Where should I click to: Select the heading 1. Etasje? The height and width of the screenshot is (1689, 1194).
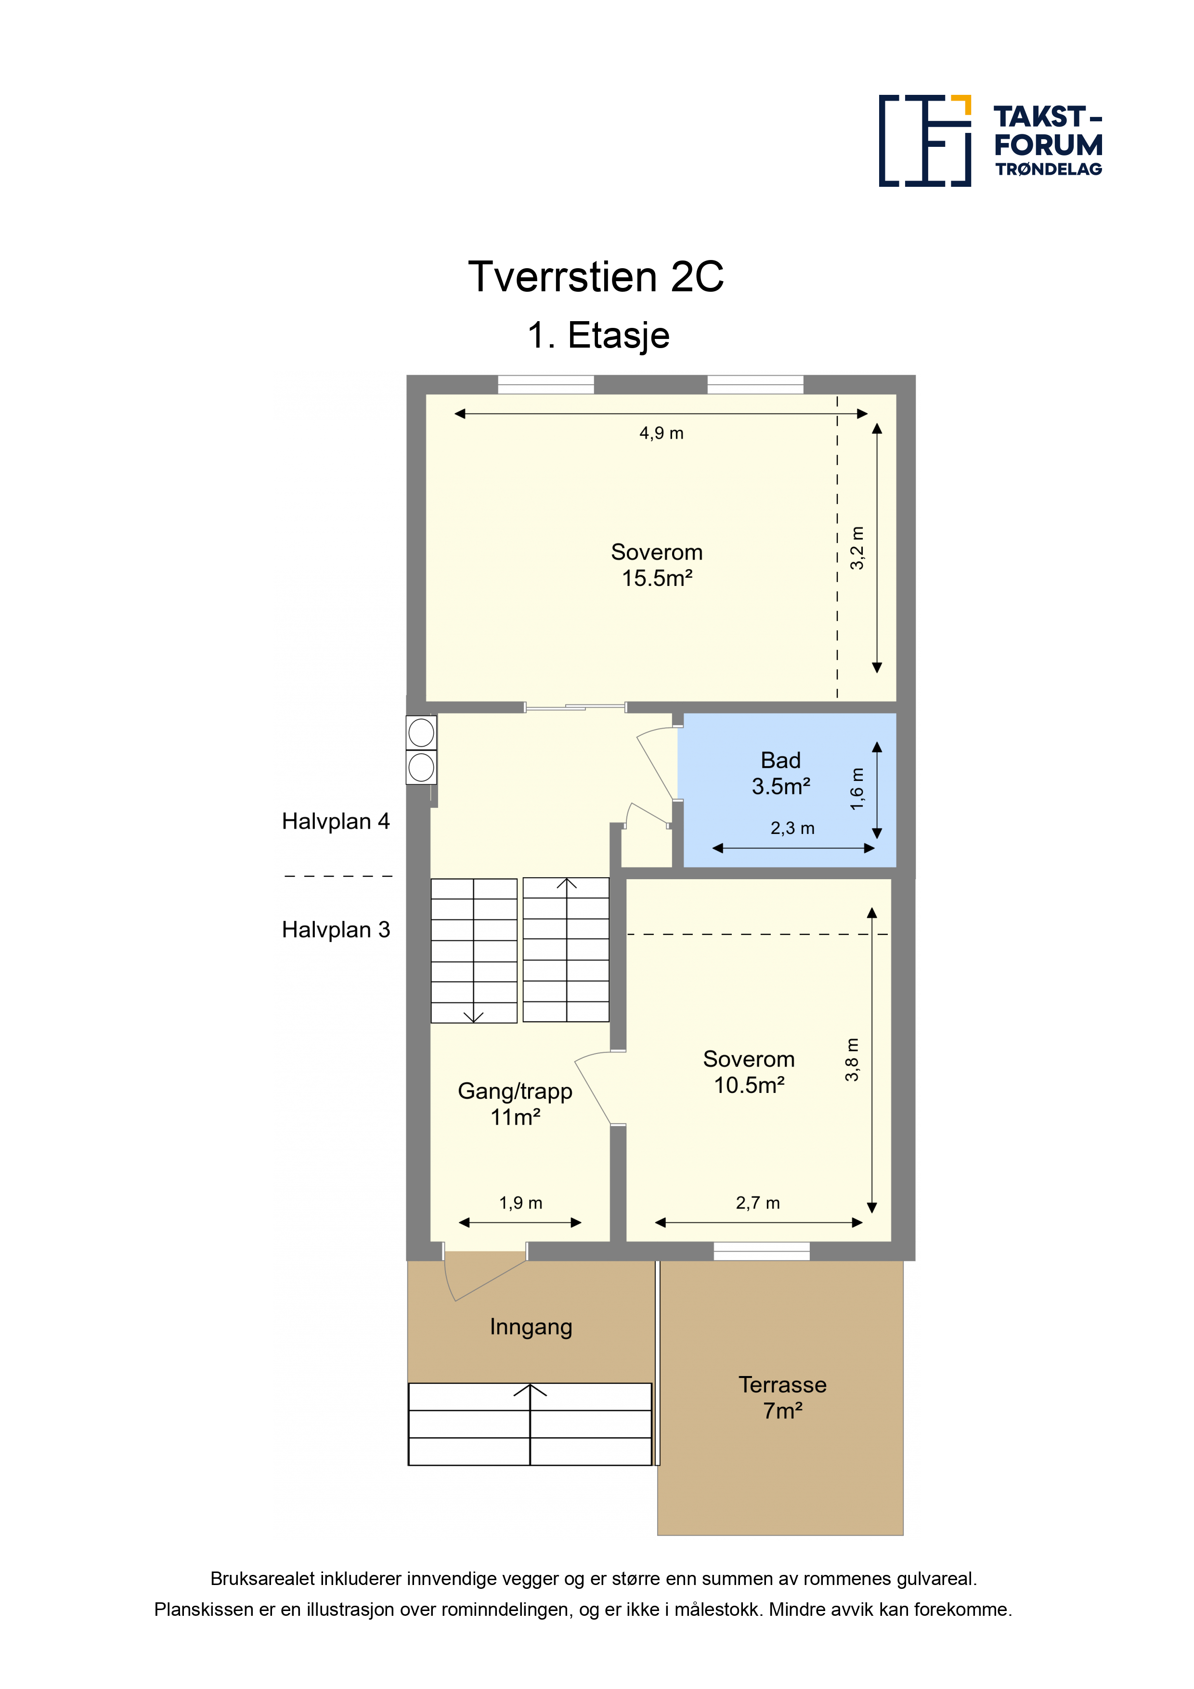(x=598, y=336)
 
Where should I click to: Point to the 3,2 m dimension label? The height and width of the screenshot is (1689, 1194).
(x=857, y=548)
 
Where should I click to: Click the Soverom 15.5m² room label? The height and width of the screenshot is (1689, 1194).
(x=657, y=565)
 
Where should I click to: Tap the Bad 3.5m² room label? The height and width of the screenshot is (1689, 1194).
(x=780, y=773)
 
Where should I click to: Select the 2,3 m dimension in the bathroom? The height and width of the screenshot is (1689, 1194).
(x=792, y=828)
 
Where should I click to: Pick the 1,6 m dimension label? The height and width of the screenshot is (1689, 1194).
(x=857, y=789)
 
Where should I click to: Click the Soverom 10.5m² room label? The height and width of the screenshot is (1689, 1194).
(x=749, y=1072)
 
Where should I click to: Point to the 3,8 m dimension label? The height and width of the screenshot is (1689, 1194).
(x=852, y=1060)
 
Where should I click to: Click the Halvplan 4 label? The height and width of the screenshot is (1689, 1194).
(x=336, y=821)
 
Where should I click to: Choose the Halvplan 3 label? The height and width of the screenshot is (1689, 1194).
(x=336, y=930)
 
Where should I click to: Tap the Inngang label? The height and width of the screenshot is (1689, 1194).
(x=531, y=1327)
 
